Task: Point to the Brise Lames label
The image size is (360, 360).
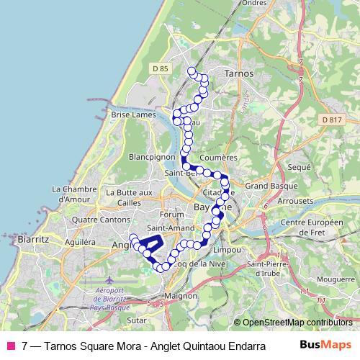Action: (x=130, y=114)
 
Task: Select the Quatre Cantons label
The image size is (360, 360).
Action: (x=96, y=220)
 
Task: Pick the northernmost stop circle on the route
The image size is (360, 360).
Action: (x=192, y=71)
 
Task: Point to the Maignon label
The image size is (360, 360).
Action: (x=181, y=295)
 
